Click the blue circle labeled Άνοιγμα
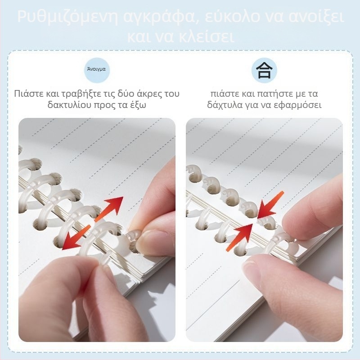96,70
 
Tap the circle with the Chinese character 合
264,70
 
